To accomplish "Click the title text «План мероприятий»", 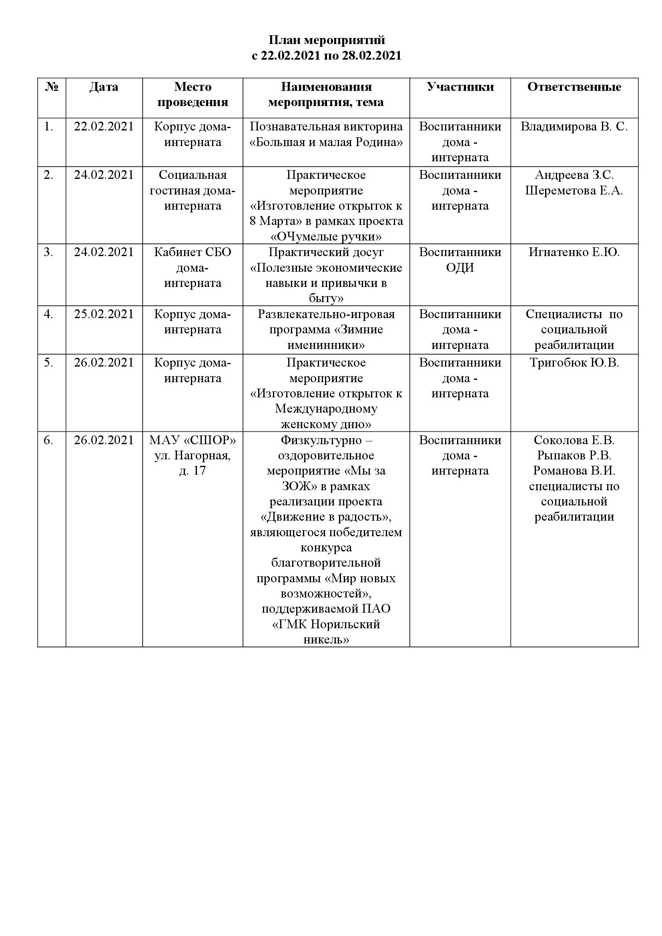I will pos(327,40).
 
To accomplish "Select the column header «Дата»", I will pos(104,87).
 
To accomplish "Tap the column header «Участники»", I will pos(460,87).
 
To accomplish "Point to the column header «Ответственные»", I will pos(574,87).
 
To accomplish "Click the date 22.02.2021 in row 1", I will pos(104,126).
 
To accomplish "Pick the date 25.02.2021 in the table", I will pos(104,314).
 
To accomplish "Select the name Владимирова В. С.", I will pos(574,126).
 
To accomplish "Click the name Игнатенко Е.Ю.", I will pos(574,253).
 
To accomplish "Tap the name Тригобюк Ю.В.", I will pos(574,363).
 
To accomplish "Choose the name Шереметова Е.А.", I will pos(574,190).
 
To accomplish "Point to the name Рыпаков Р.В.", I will pos(574,455).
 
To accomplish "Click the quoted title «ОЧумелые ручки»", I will pos(326,237).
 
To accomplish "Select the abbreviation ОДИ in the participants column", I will pos(460,268).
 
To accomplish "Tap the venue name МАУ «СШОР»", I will pos(193,440).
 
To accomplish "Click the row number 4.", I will pos(48,314).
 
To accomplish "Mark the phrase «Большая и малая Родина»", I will pos(326,142).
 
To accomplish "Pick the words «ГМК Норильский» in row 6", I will pos(326,624).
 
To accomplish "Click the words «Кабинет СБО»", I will pos(193,253).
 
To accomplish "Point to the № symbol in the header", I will pos(52,87).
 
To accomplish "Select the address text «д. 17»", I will pos(193,471).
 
